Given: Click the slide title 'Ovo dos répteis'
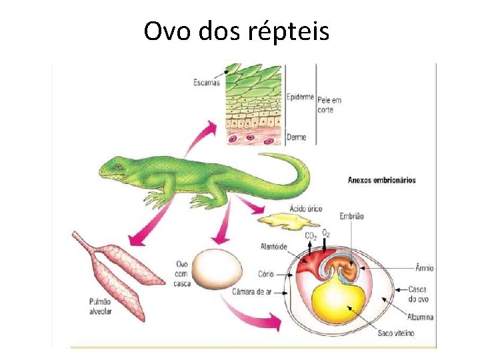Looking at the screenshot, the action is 236,31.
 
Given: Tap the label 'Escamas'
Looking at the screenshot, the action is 207,83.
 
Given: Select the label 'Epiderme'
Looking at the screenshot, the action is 300,97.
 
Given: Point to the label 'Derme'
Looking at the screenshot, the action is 296,137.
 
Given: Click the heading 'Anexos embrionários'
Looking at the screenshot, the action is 381,180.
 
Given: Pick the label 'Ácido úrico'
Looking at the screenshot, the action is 305,209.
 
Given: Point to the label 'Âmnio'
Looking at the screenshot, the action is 424,268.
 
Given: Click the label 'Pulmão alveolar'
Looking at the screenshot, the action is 100,306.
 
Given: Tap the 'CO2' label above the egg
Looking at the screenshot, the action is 311,236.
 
